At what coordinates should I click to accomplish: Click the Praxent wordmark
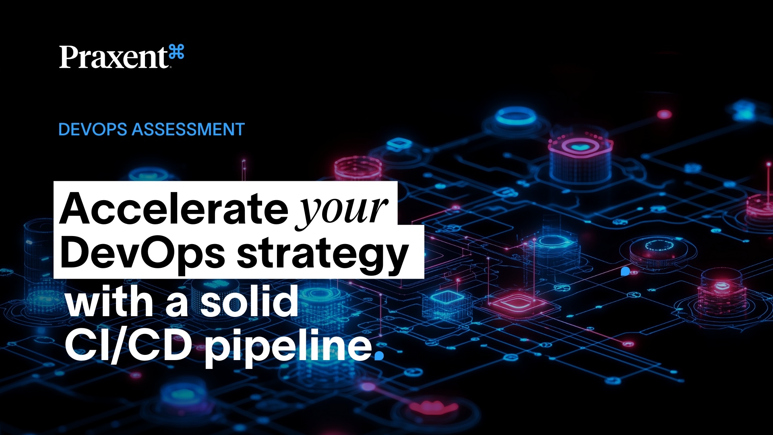[114, 57]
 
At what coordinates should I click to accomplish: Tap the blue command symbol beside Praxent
[177, 53]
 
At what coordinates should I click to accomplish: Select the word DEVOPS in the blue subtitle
[93, 130]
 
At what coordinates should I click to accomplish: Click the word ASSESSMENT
[188, 130]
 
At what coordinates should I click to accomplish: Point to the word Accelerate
[174, 209]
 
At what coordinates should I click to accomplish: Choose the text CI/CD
[128, 346]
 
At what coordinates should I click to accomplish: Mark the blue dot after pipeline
[379, 355]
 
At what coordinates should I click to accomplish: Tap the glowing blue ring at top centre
[516, 116]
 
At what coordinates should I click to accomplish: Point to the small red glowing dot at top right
[664, 115]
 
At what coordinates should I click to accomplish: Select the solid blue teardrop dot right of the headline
[625, 271]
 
